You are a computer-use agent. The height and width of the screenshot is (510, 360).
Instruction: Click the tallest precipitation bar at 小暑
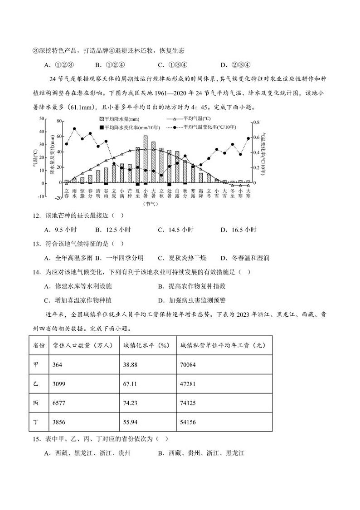click(x=146, y=159)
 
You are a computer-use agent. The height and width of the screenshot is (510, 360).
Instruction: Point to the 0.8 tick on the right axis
click(x=256, y=122)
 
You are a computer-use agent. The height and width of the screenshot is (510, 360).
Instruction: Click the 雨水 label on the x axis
click(x=74, y=193)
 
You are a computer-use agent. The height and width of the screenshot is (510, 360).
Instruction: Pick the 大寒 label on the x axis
click(x=248, y=193)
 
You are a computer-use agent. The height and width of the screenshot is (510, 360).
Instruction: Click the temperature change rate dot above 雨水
click(x=74, y=129)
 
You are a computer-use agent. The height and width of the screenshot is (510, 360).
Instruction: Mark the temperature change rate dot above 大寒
click(x=248, y=138)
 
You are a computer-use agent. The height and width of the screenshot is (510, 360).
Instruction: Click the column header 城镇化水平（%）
click(x=146, y=345)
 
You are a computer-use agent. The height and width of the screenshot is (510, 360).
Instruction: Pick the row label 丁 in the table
click(x=36, y=422)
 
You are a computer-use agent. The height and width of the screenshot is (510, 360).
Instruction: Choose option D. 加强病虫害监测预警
click(x=197, y=300)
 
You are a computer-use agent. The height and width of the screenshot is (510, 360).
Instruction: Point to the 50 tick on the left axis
click(x=42, y=118)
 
